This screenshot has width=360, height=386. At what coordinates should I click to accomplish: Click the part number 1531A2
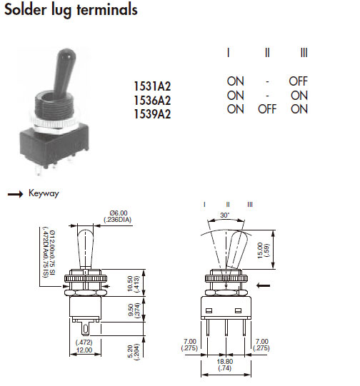click(x=152, y=86)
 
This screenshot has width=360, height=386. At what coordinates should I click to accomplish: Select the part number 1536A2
click(x=152, y=100)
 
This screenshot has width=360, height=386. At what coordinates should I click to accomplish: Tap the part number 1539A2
click(x=152, y=114)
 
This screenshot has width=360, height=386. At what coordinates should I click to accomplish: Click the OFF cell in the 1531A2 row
click(x=298, y=81)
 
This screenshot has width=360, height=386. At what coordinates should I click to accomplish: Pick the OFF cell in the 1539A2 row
click(x=267, y=109)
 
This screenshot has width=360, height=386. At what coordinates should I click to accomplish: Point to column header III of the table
click(x=304, y=53)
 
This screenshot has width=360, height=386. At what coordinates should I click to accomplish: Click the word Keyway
click(x=44, y=193)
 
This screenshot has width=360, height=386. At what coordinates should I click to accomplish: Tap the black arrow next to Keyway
click(x=15, y=194)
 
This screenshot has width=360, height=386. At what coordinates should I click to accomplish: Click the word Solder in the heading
click(x=26, y=10)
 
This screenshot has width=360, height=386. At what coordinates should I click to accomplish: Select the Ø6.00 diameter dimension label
click(x=119, y=213)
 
